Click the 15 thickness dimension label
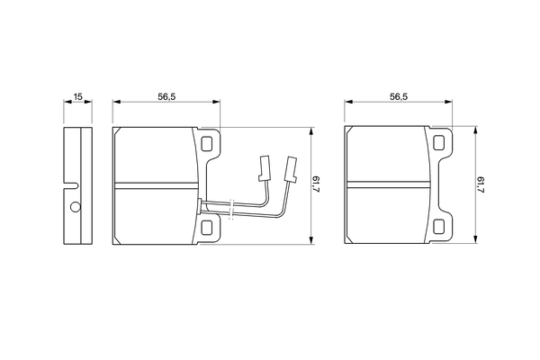coord(78,96)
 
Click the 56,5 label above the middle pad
coord(166,97)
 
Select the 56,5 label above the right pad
coord(399,97)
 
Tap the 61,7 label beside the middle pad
coord(316,184)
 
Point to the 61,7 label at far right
coord(481,184)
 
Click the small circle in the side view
coord(76,207)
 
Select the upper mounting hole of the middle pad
coord(207,143)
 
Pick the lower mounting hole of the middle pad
coord(207,228)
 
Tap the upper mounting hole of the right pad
coord(439,142)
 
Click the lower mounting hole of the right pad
coord(439,227)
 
